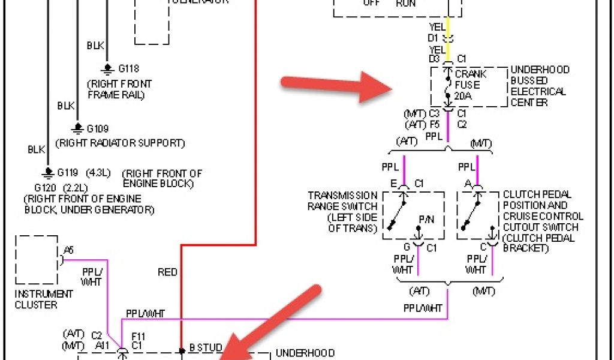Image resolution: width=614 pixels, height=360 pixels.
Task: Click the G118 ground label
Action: click(128, 69)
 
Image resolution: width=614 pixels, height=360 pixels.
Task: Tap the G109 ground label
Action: click(98, 129)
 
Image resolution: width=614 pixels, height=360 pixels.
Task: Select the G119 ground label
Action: click(68, 173)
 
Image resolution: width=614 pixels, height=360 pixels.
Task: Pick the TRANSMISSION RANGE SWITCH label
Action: click(342, 212)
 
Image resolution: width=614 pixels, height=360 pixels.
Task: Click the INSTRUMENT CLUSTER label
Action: click(44, 299)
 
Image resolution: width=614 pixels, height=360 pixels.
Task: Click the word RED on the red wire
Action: click(167, 272)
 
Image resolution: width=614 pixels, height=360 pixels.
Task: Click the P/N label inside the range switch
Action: click(426, 219)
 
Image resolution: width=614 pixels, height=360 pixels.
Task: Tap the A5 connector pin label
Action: click(69, 251)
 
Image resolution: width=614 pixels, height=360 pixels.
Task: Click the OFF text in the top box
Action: click(371, 3)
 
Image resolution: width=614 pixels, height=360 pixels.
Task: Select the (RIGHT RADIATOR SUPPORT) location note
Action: click(120, 143)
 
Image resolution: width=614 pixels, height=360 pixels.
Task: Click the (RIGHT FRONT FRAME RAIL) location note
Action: click(119, 89)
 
